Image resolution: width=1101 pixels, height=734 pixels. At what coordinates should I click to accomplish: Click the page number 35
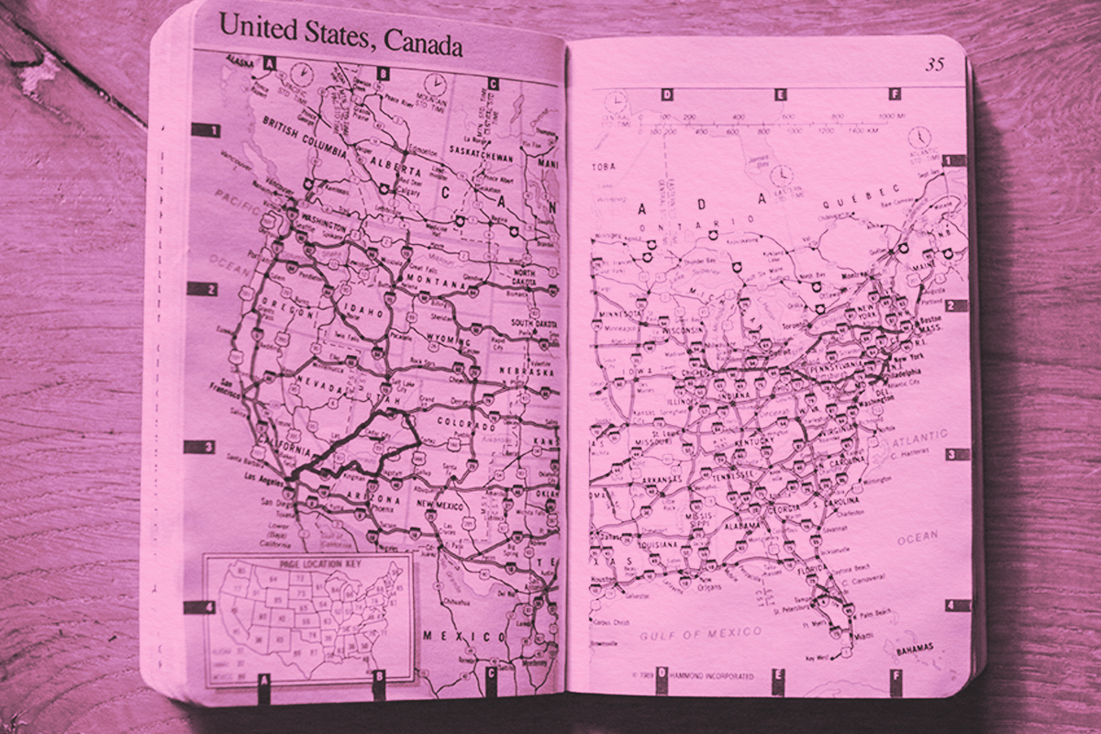(x=934, y=64)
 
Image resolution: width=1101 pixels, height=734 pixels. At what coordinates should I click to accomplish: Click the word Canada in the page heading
(x=423, y=42)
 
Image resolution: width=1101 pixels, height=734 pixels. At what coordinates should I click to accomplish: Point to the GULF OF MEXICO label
(x=701, y=633)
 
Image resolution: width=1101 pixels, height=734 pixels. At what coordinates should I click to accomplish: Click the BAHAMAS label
(x=912, y=650)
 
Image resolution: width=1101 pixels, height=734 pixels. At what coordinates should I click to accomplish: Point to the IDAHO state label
(x=364, y=313)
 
